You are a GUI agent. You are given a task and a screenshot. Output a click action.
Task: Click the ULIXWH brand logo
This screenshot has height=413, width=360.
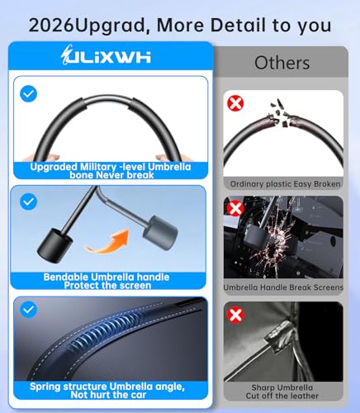click(x=106, y=55)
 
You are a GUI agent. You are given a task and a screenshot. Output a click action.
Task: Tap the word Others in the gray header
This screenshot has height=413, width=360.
click(x=282, y=63)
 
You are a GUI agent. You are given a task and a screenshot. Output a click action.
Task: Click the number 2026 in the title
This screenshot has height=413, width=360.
click(x=51, y=26)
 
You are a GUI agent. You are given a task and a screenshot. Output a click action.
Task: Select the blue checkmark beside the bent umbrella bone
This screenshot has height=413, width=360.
click(x=28, y=93)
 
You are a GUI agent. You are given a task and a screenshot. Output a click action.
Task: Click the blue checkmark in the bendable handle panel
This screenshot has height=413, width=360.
click(x=28, y=202)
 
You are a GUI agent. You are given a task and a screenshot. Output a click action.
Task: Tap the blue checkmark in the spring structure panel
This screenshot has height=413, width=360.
click(x=28, y=310)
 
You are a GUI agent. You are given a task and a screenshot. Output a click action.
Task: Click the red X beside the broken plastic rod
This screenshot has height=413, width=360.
click(x=235, y=103)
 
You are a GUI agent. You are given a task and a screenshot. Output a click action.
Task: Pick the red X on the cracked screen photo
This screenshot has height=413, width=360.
click(x=235, y=208)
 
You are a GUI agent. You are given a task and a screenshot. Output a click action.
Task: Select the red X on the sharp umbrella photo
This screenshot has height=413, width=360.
click(x=235, y=315)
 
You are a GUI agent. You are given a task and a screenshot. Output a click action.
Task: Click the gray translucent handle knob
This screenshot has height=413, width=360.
click(x=160, y=233)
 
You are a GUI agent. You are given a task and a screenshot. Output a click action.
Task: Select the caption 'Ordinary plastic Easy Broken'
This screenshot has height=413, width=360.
click(x=285, y=184)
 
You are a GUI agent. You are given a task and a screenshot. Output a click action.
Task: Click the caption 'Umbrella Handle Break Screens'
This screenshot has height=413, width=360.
click(x=283, y=287)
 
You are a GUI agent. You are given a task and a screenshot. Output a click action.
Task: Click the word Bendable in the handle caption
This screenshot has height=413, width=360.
click(x=65, y=277)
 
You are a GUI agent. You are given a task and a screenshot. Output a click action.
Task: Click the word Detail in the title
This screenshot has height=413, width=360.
click(x=239, y=25)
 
